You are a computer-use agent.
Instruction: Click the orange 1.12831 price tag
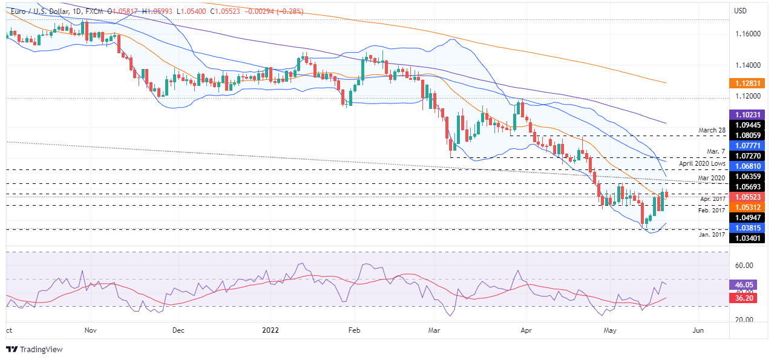749,83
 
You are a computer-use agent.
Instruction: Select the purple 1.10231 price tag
749,114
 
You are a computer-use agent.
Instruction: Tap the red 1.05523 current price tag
749,197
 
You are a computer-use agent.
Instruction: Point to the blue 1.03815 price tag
749,228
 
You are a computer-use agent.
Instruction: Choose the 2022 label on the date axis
270,331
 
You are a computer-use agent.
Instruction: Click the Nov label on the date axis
91,331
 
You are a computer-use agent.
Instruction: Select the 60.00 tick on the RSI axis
744,266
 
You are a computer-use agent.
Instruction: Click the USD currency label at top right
741,11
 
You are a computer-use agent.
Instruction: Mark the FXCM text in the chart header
91,11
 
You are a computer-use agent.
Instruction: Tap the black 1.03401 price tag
749,238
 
